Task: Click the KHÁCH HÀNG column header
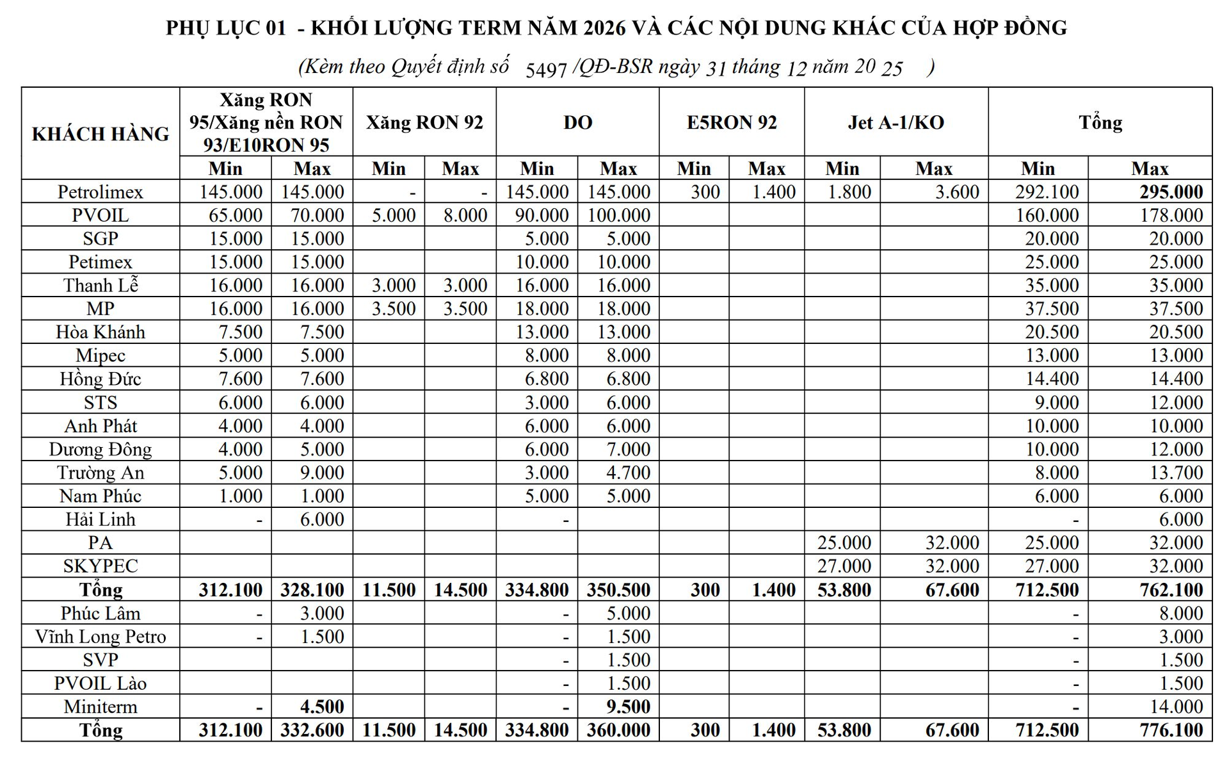click(100, 134)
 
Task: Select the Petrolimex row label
click(100, 192)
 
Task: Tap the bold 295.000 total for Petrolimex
click(1171, 192)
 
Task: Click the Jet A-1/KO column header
click(896, 122)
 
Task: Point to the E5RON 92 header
click(732, 122)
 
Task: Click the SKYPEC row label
click(100, 566)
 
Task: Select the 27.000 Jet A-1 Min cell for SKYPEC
click(844, 566)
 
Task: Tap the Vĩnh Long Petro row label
click(100, 636)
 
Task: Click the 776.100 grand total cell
click(1171, 730)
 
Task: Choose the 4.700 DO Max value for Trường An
click(628, 472)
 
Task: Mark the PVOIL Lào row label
click(100, 683)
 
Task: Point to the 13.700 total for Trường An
click(1176, 472)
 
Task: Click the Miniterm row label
click(100, 706)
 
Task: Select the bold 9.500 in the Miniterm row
click(628, 706)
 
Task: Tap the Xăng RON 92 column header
click(424, 122)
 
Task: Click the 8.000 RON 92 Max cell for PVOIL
click(465, 215)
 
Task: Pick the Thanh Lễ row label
click(100, 285)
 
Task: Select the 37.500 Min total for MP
click(1052, 308)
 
